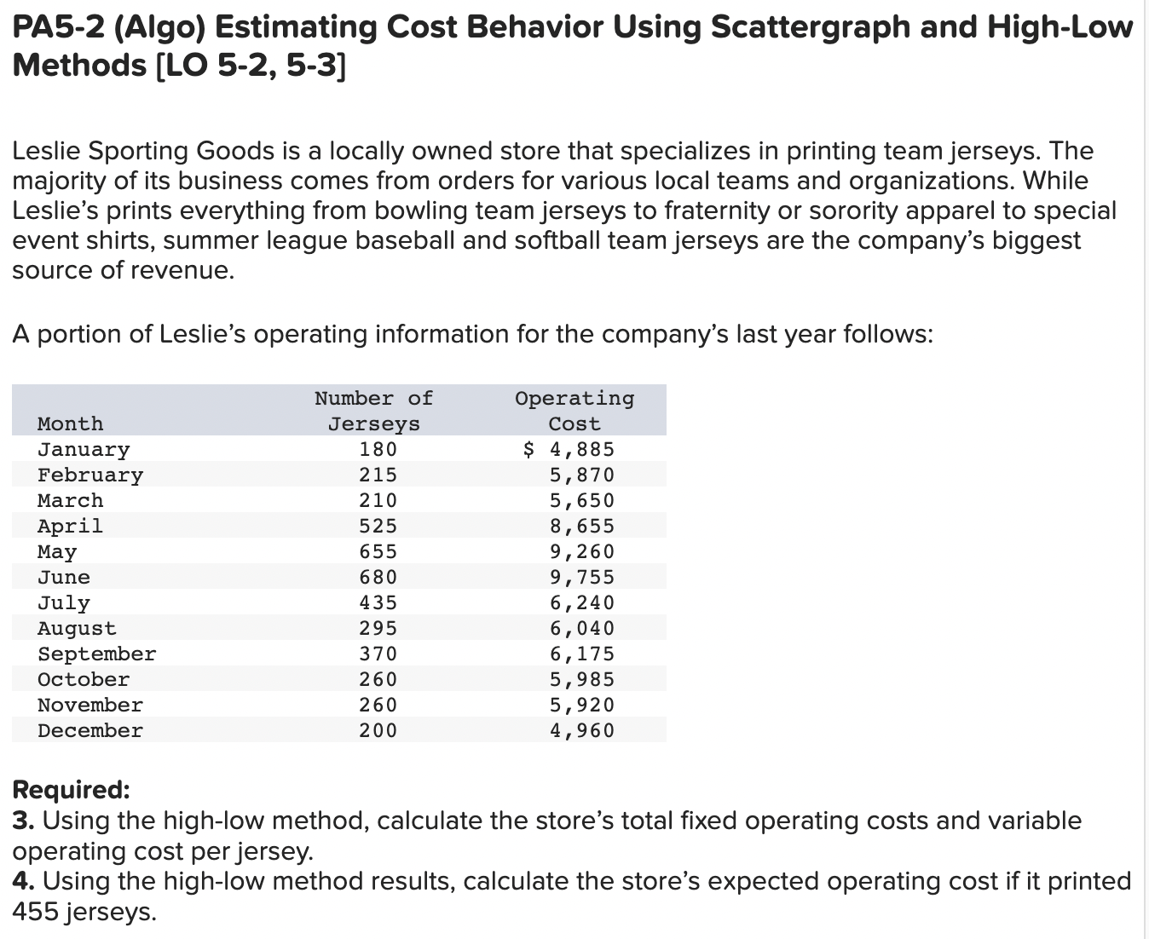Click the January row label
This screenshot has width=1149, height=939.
coord(84,449)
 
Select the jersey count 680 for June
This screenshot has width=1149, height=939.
coord(378,577)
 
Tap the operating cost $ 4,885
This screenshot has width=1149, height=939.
coord(569,449)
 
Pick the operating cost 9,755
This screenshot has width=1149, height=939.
coord(581,577)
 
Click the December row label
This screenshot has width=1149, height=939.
coord(90,730)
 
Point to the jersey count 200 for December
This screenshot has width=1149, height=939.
coord(378,730)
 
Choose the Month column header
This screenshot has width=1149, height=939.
coord(70,423)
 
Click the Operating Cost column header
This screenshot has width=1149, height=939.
coord(574,411)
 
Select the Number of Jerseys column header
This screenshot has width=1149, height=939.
coord(374,411)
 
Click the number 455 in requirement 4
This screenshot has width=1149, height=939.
coord(38,911)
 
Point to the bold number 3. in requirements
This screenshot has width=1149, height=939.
coord(23,821)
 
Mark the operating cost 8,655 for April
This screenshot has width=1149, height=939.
coord(581,526)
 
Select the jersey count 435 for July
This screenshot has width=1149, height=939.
coord(378,602)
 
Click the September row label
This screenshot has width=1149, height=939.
coord(96,654)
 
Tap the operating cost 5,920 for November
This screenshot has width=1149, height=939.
coord(581,705)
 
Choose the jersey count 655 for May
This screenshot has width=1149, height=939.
coord(378,551)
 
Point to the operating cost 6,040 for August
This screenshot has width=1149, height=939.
coord(581,628)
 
